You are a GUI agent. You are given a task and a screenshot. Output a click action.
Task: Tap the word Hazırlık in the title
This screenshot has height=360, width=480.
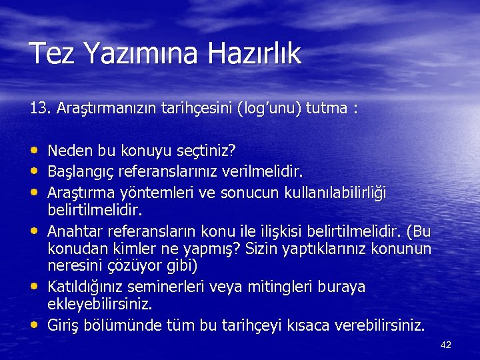coord(257,54)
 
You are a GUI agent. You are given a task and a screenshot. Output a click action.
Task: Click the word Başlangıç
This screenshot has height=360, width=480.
coord(81,172)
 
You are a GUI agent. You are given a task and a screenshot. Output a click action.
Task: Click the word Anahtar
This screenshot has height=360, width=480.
coord(72,231)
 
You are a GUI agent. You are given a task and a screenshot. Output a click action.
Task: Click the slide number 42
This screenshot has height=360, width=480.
coord(446,345)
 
